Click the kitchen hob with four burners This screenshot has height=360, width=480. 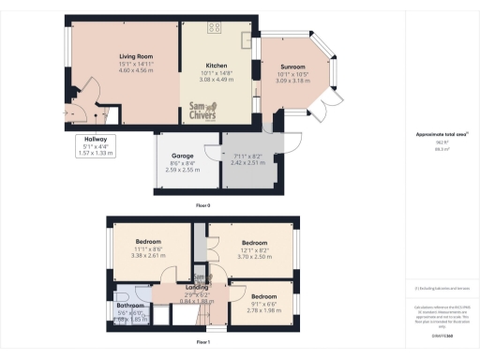tap(215, 25)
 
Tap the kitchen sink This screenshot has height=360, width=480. tap(247, 41)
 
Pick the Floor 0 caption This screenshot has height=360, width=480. tap(202, 203)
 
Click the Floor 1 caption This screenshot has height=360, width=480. tap(202, 343)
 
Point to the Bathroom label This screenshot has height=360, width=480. tap(129, 306)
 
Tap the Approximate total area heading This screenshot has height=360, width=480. tap(441, 135)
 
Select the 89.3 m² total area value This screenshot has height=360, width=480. tap(441, 147)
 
